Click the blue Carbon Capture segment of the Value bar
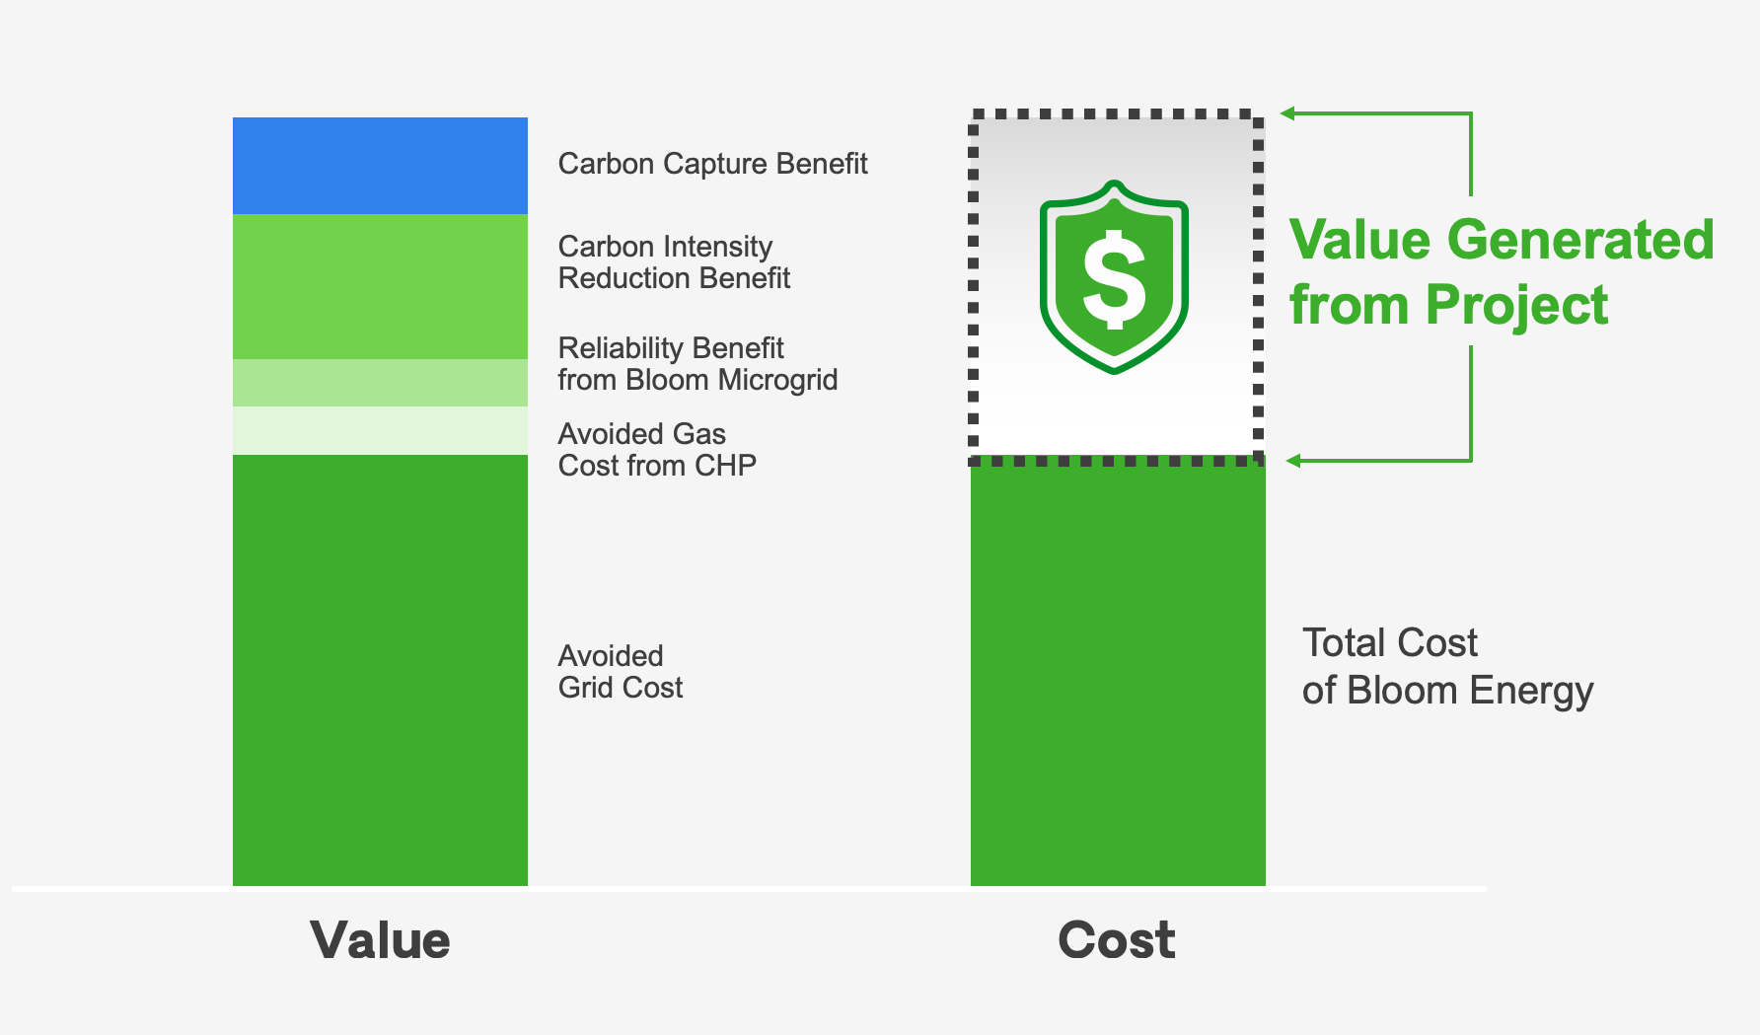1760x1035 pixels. [x=380, y=166]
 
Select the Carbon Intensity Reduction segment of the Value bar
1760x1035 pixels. [x=380, y=286]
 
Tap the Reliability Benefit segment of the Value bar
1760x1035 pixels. [x=380, y=383]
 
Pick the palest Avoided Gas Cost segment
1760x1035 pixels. [x=380, y=430]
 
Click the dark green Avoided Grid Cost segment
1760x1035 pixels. [x=380, y=670]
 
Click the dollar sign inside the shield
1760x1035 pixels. [x=1114, y=279]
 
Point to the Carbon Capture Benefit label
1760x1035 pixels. [x=712, y=164]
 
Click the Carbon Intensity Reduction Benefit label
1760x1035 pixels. [x=674, y=262]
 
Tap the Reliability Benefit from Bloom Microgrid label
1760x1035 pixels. [x=697, y=364]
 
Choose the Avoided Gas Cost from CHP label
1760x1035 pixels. [x=657, y=450]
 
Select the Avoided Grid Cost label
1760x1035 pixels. [x=621, y=672]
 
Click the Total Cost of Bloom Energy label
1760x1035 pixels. [x=1447, y=667]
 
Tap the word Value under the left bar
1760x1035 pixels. [x=380, y=939]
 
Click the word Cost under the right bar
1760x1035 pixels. [x=1117, y=939]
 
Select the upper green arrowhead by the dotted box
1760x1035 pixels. [x=1287, y=113]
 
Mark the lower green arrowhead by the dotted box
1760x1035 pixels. [x=1293, y=461]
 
